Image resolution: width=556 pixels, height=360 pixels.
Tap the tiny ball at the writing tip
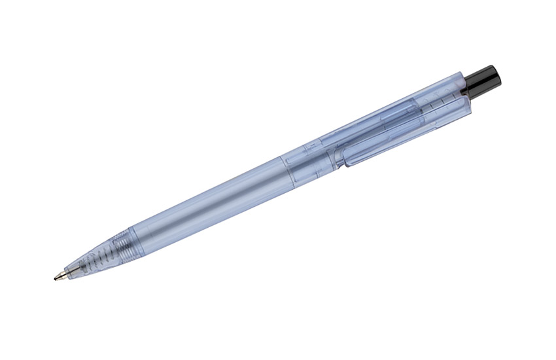pos(55,278)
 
